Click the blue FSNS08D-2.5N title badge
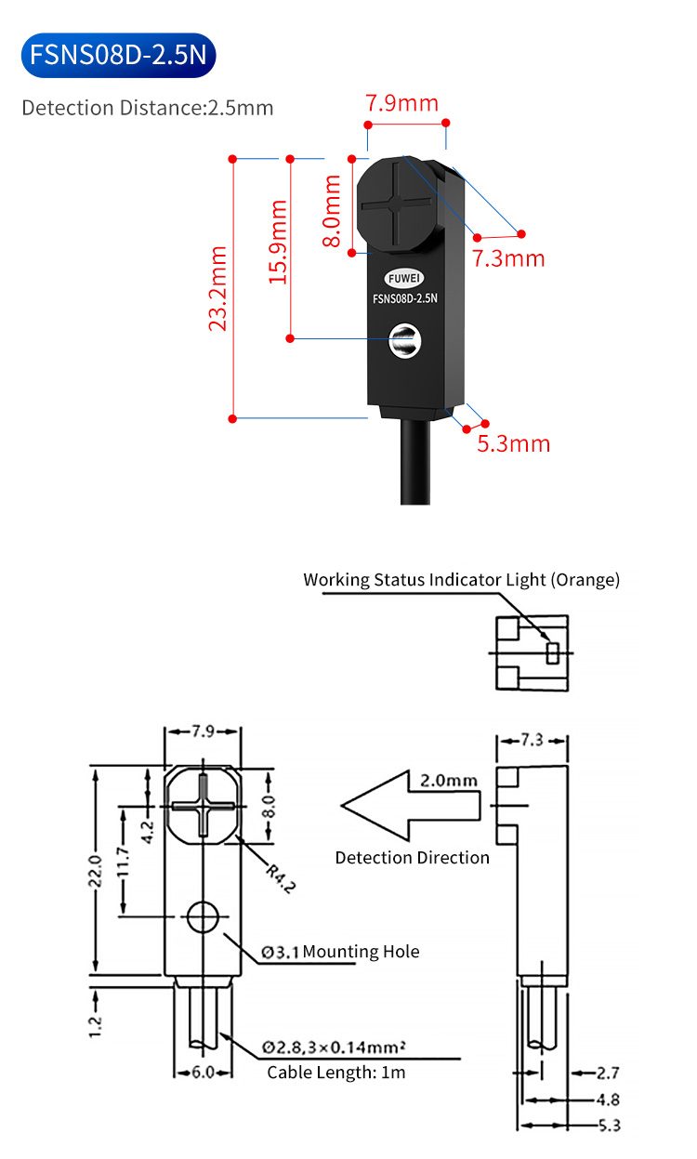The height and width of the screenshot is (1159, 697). coord(117,55)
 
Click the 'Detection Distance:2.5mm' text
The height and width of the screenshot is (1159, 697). coord(148,108)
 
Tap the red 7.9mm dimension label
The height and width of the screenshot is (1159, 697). coord(401,103)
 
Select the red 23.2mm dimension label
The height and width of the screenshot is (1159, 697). coord(217,288)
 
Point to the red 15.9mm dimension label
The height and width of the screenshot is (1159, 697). coord(276,243)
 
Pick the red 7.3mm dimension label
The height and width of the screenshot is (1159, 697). coord(508,258)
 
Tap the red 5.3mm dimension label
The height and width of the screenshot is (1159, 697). coord(513,443)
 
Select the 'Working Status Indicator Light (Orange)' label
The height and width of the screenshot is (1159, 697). coord(461,580)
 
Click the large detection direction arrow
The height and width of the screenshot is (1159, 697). coord(409,803)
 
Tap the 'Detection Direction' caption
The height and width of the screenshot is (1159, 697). coord(412,857)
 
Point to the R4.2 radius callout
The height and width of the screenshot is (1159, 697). coord(280,877)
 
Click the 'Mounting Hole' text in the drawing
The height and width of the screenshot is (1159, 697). coord(361,951)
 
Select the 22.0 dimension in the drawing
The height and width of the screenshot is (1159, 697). coord(94,870)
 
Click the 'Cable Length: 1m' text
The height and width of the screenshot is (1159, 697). coord(336,1073)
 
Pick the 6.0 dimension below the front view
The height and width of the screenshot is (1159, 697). coord(203,1072)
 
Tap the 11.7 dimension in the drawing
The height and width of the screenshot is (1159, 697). coord(124,862)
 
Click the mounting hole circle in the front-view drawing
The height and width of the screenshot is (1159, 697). coord(203,917)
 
